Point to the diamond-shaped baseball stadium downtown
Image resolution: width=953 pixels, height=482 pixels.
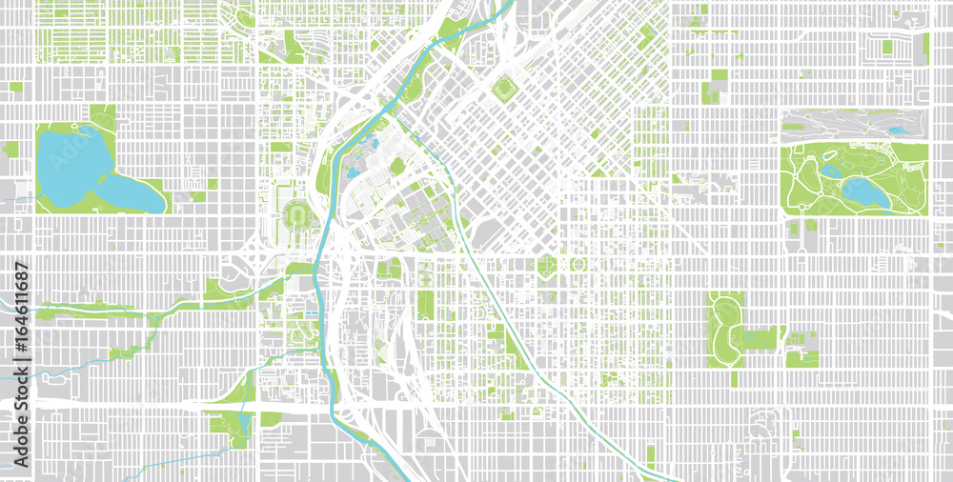(503, 90)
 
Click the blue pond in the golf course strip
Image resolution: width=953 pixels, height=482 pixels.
(897, 130)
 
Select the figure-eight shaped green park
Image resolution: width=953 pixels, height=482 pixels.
(726, 320)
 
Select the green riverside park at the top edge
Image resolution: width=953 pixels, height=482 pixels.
(456, 29)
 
